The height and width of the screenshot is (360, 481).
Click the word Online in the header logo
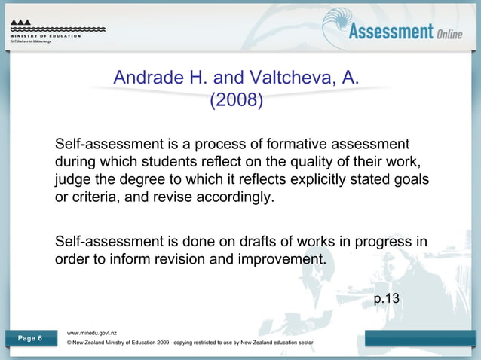(x=449, y=34)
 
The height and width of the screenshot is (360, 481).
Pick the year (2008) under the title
(x=236, y=100)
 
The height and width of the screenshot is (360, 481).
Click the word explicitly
(x=307, y=181)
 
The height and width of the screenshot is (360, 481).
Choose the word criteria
(x=96, y=200)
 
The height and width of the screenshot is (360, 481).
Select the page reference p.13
(x=387, y=299)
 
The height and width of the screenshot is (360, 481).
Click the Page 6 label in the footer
(x=29, y=338)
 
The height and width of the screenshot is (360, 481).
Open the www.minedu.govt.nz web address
(x=92, y=331)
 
